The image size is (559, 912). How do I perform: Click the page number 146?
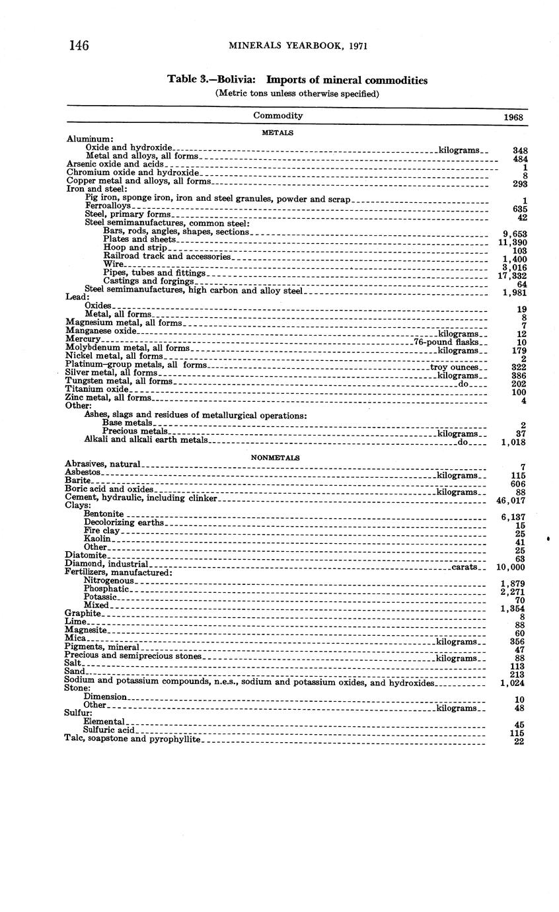[79, 45]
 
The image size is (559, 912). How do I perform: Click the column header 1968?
[513, 117]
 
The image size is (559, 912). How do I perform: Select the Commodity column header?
[278, 116]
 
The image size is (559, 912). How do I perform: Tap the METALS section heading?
[278, 132]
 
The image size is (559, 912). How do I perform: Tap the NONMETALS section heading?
[275, 457]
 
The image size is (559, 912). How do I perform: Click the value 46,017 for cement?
[510, 501]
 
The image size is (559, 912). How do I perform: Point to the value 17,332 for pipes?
[511, 276]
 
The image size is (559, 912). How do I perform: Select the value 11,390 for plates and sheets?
[511, 243]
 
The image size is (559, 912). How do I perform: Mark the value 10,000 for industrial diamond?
[510, 568]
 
